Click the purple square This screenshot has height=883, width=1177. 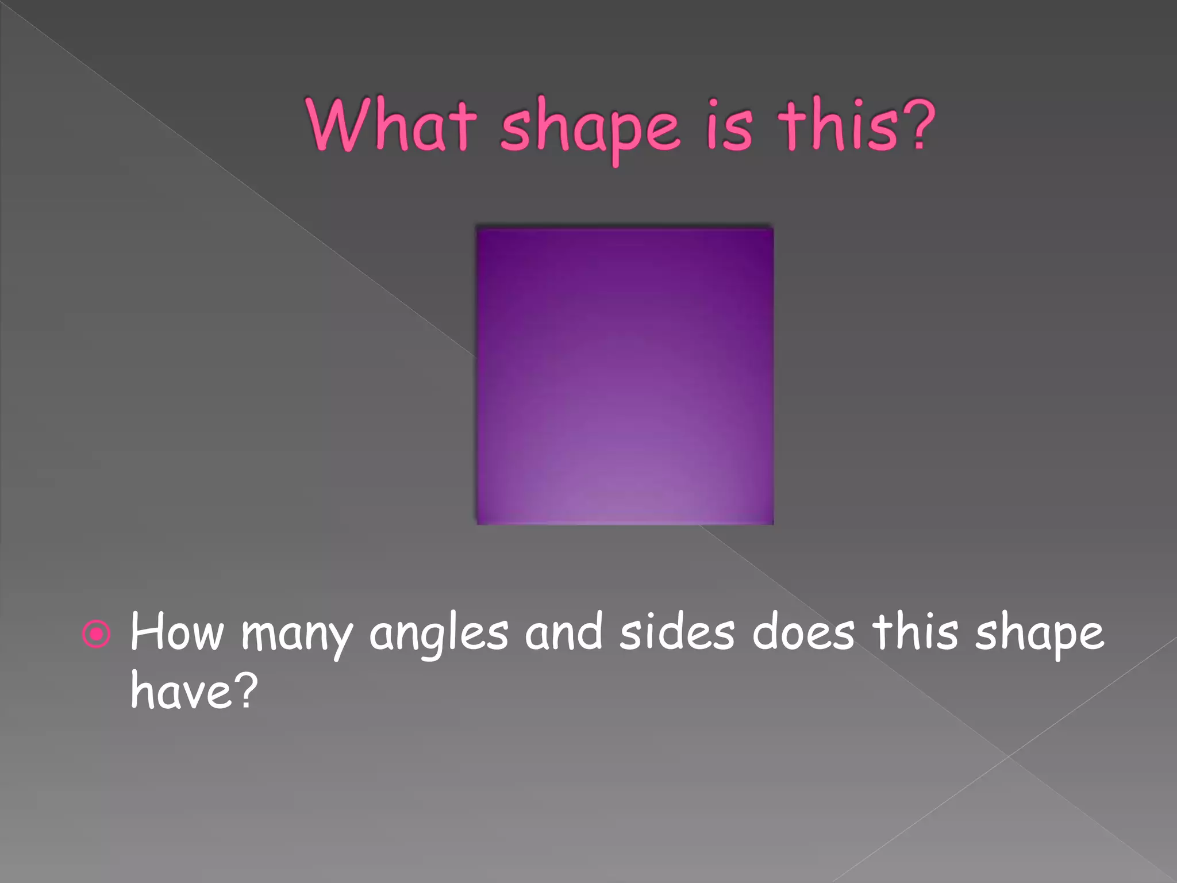coord(625,376)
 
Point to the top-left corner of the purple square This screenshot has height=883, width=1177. coord(478,229)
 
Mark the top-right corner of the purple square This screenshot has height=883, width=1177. coord(772,229)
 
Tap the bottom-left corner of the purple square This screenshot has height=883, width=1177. coord(478,523)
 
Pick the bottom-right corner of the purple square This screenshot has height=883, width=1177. coord(772,523)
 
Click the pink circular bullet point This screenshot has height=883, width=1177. coord(96,634)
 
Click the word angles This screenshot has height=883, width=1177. coord(439,635)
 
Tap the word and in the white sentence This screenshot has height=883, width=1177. coord(563,632)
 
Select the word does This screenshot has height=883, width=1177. coord(803,632)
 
